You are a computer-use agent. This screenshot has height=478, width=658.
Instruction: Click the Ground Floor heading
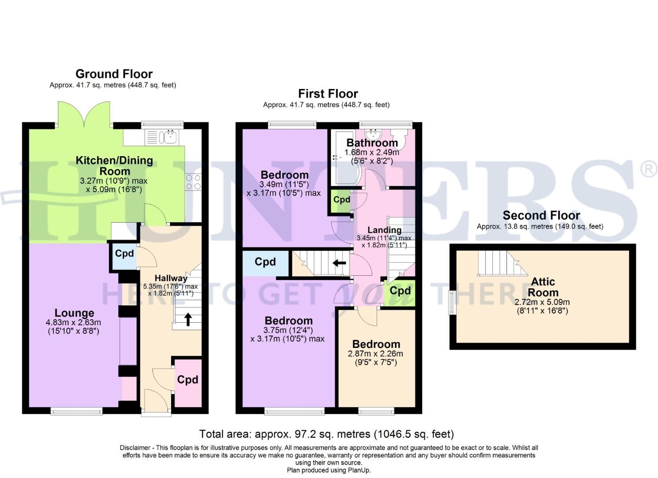click(114, 74)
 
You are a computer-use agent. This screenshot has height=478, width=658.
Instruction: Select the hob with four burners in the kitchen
click(193, 182)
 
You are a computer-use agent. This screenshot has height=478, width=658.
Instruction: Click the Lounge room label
click(74, 313)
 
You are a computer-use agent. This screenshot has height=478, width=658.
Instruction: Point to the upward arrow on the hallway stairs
click(188, 319)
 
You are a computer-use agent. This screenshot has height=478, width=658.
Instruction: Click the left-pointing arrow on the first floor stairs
click(339, 263)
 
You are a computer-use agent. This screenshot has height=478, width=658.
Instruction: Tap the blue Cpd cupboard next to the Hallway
click(124, 256)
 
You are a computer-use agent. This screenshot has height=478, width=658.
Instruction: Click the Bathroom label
click(372, 143)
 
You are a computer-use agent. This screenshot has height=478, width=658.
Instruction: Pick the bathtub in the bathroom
click(343, 158)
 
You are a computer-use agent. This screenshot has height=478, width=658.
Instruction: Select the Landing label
click(384, 230)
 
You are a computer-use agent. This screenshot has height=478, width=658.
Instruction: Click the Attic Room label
click(543, 287)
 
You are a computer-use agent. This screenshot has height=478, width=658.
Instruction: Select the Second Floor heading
click(541, 216)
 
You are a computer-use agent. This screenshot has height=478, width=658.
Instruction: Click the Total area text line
click(326, 434)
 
